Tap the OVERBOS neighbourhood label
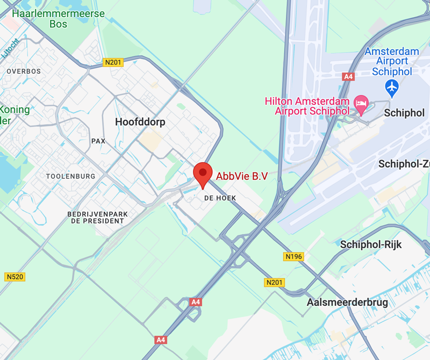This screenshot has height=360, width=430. coord(24,71)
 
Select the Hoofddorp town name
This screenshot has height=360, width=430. coord(140,122)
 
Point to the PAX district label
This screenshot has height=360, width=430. coord(98,141)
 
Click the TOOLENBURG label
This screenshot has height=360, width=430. coord(70,176)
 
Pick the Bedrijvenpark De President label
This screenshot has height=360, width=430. coord(98,217)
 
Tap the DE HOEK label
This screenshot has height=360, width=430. coord(220,198)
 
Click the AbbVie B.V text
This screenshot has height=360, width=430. coord(242,176)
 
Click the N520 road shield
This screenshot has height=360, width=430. coord(16,277)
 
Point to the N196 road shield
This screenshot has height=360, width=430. coord(293,256)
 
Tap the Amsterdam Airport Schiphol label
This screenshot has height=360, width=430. coord(392,62)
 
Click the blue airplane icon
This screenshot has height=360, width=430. coord(392,86)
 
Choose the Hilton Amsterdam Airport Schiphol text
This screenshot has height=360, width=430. coord(307,106)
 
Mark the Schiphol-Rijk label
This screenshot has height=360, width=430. coord(371,244)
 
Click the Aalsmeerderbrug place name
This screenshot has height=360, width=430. coord(347,303)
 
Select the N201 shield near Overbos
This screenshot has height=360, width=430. coord(113,62)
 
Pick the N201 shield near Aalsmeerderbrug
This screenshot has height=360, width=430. coord(275,282)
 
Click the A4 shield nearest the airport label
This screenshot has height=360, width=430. coord(348,77)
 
